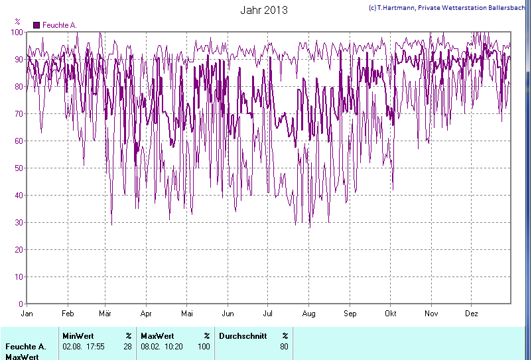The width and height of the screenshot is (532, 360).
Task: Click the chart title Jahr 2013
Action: tap(263, 11)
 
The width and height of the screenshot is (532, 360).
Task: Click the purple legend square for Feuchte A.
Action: tap(36, 25)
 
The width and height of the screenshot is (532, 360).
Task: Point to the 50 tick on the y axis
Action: tap(19, 168)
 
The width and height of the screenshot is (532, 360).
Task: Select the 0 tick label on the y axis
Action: tap(21, 304)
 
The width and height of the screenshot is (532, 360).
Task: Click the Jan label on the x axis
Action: tap(27, 313)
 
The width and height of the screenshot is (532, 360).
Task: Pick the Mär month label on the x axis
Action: tap(105, 313)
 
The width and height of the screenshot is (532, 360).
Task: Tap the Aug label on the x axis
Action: tap(308, 313)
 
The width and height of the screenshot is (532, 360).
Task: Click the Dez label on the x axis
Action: tap(472, 313)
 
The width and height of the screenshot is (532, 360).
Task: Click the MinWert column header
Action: tap(78, 335)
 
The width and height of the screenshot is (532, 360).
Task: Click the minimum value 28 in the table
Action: tap(127, 346)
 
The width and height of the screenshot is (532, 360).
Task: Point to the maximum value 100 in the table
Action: tap(204, 346)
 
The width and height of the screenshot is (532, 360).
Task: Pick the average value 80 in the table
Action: tap(284, 346)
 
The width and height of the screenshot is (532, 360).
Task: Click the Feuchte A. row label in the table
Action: tap(25, 346)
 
